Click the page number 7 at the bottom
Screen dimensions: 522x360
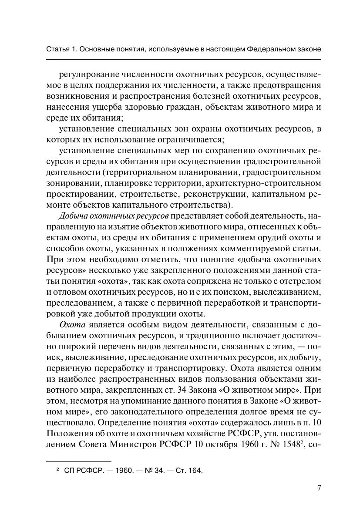[319, 488]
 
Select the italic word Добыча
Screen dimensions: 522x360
[71, 216]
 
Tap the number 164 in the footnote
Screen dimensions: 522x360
[196, 470]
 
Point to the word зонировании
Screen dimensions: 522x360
[73, 183]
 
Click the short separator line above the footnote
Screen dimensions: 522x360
[78, 461]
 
